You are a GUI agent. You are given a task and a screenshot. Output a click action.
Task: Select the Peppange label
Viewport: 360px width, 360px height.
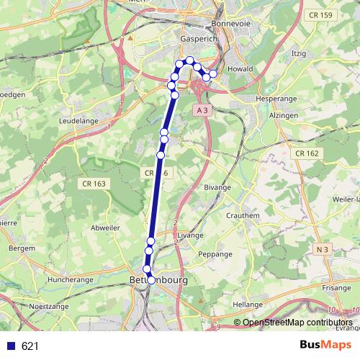[x=215, y=254]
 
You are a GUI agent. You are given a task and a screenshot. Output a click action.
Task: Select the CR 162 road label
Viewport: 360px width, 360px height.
[x=307, y=153]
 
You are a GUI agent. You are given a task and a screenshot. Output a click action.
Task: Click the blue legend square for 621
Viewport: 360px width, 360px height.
[x=11, y=346]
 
